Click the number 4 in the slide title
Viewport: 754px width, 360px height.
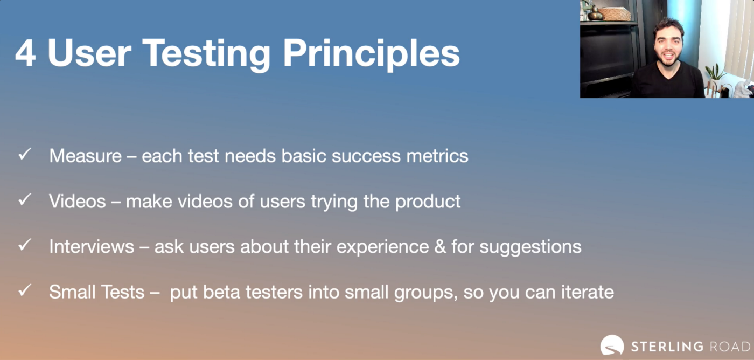click(x=25, y=54)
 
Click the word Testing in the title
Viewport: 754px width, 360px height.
click(x=206, y=54)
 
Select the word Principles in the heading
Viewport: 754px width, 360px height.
click(x=371, y=54)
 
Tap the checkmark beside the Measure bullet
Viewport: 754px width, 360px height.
click(x=25, y=154)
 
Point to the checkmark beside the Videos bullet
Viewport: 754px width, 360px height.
click(x=25, y=199)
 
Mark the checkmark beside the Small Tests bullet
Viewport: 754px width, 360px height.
click(x=25, y=290)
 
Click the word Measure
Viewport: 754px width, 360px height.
click(x=86, y=156)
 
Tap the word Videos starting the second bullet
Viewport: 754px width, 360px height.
click(x=78, y=201)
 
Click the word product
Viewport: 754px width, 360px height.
click(x=428, y=202)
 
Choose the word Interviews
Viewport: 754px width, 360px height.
click(x=92, y=246)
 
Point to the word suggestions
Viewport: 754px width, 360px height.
click(x=530, y=247)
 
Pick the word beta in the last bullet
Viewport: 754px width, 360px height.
click(x=221, y=292)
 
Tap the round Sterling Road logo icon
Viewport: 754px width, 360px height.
click(x=612, y=345)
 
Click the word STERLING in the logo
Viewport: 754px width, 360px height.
click(x=667, y=347)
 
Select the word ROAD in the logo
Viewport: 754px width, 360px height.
click(x=730, y=347)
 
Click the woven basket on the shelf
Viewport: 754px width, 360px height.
click(x=615, y=14)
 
